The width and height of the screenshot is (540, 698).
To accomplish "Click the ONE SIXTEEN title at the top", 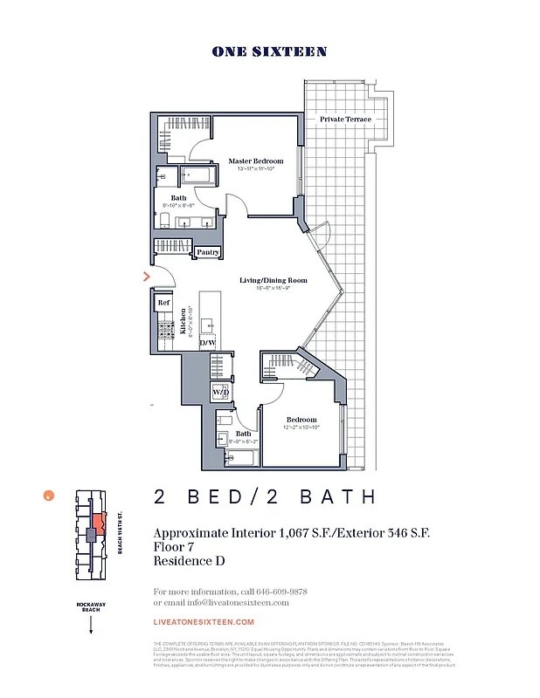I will coord(269,51).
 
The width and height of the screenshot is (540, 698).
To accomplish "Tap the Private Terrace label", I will coord(345,119).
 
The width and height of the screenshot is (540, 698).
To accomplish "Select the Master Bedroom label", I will coord(257,161).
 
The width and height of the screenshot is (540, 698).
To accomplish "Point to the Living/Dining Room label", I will coord(273,280).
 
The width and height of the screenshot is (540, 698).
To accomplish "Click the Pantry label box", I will coord(208,252).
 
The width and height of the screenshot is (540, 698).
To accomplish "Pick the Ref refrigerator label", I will coord(163,303).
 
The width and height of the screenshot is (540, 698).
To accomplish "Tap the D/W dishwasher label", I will coord(208,343).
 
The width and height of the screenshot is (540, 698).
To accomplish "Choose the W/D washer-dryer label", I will coord(220,393).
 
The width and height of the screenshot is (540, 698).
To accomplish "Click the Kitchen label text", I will coord(183,322).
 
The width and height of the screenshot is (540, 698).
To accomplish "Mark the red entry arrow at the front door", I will coord(147,277).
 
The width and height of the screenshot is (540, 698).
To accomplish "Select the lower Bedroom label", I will coord(301,419).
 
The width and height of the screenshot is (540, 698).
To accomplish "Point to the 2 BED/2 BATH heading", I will coord(265,497).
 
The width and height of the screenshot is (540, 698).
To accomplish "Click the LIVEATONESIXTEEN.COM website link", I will coord(203,622).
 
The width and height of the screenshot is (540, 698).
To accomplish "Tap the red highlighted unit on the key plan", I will coord(96,527).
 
